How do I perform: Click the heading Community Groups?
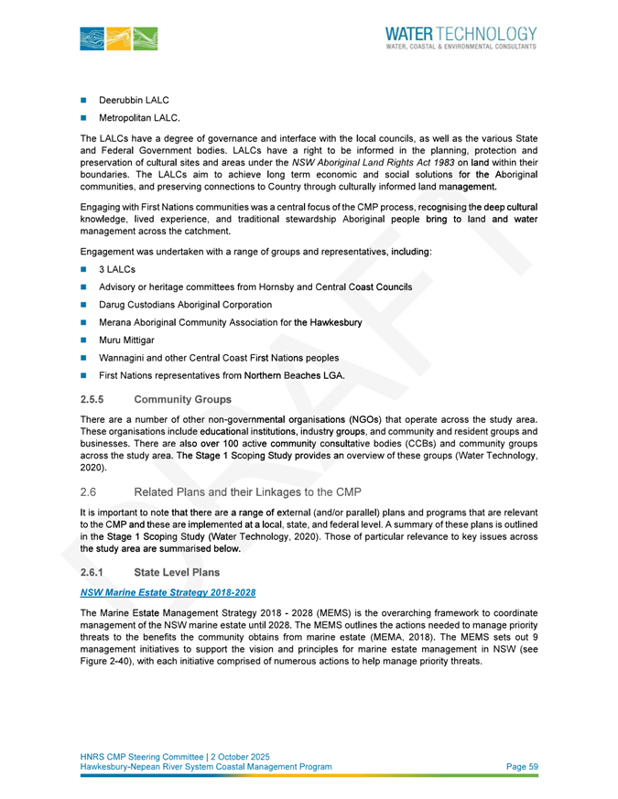[182, 399]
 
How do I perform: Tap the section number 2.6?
[89, 492]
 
